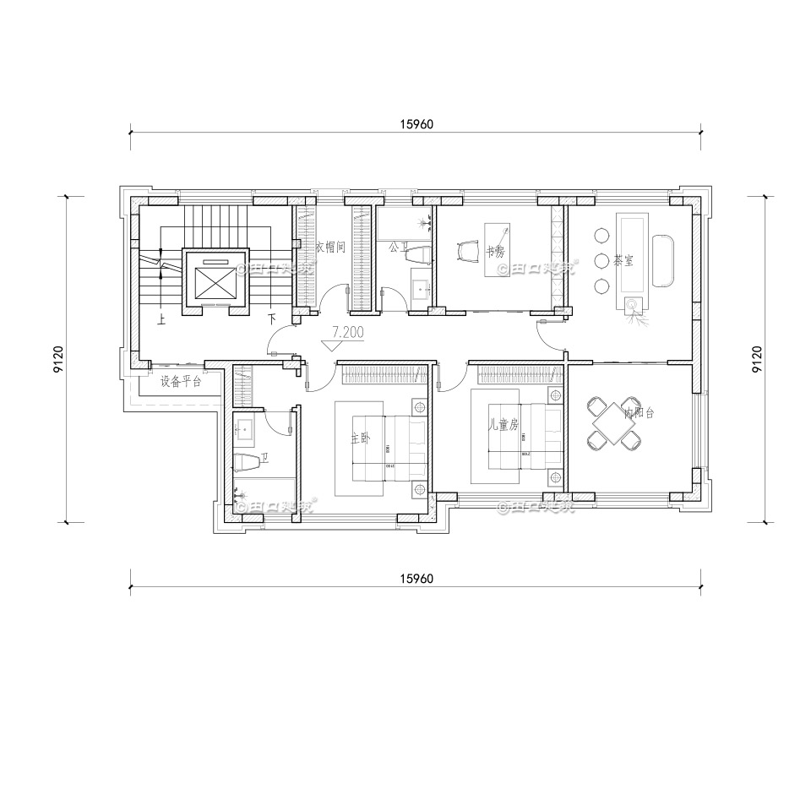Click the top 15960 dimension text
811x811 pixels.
(x=416, y=124)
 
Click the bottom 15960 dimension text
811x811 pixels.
(x=416, y=579)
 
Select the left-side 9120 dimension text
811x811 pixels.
(x=55, y=359)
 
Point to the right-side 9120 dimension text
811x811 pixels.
(x=757, y=359)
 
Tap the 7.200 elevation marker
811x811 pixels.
(x=347, y=334)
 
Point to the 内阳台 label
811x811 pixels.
(x=638, y=413)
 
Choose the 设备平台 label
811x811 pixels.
(x=181, y=381)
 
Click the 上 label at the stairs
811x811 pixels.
(x=161, y=319)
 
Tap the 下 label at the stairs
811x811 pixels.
(x=271, y=319)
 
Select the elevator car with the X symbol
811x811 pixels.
(x=216, y=278)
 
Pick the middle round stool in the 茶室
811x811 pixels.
(x=601, y=260)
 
